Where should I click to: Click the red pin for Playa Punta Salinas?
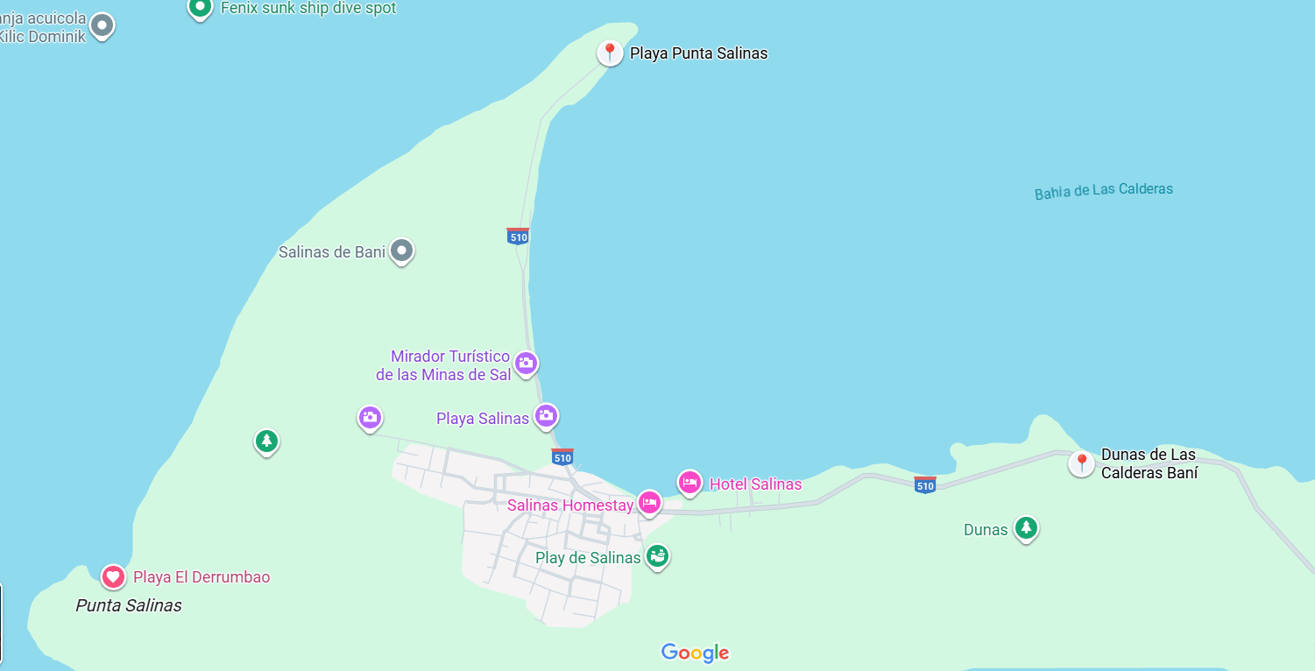pos(610,53)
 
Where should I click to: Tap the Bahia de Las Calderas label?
pos(1103,190)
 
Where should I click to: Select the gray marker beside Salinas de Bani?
pos(401,251)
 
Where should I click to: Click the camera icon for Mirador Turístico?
pos(525,363)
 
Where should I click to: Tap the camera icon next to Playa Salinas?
pos(546,416)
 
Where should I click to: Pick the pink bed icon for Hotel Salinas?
pos(689,483)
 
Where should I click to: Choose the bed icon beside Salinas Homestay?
pos(649,503)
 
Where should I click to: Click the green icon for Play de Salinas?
pos(657,555)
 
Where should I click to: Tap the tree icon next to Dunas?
pos(1026,528)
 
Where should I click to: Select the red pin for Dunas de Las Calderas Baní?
pos(1081,463)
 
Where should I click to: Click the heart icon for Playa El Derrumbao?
pos(113,576)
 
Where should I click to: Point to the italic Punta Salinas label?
pos(129,605)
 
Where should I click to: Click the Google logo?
pos(695,653)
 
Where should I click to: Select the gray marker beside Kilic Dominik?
pos(103,25)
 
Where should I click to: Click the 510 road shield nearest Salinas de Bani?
pos(518,236)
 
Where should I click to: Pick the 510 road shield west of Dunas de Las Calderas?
pos(924,484)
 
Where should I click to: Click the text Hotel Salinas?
pos(755,484)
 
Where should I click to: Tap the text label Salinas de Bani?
pos(332,252)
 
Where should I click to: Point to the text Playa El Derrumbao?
pos(201,577)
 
